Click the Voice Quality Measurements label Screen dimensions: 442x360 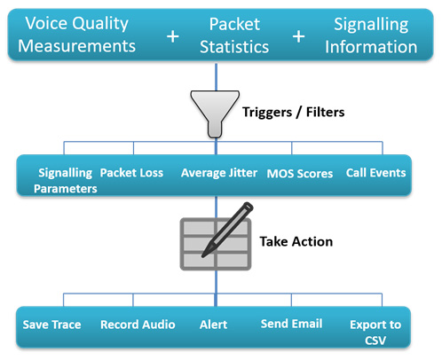tap(76, 35)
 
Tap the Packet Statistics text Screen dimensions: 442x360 tap(234, 35)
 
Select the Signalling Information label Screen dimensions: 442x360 tap(371, 35)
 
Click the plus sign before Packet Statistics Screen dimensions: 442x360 tap(173, 36)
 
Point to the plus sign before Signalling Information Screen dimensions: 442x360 tap(298, 36)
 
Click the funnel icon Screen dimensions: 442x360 tap(215, 113)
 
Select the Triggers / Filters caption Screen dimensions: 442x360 tap(294, 113)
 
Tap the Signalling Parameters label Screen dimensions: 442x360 tap(66, 181)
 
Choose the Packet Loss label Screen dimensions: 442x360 tap(131, 173)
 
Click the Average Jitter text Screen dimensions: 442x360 tap(219, 173)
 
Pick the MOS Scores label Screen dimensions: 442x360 tap(300, 174)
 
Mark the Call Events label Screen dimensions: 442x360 tap(375, 173)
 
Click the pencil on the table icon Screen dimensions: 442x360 tap(228, 229)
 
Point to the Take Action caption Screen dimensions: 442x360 tap(296, 241)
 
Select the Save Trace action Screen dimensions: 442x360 tap(51, 325)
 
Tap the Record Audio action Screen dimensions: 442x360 tap(138, 325)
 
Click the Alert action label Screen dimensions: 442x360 tap(213, 325)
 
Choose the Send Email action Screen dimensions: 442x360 tap(291, 324)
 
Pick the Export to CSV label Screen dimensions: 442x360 tap(375, 333)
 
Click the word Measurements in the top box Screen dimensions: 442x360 tap(76, 46)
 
